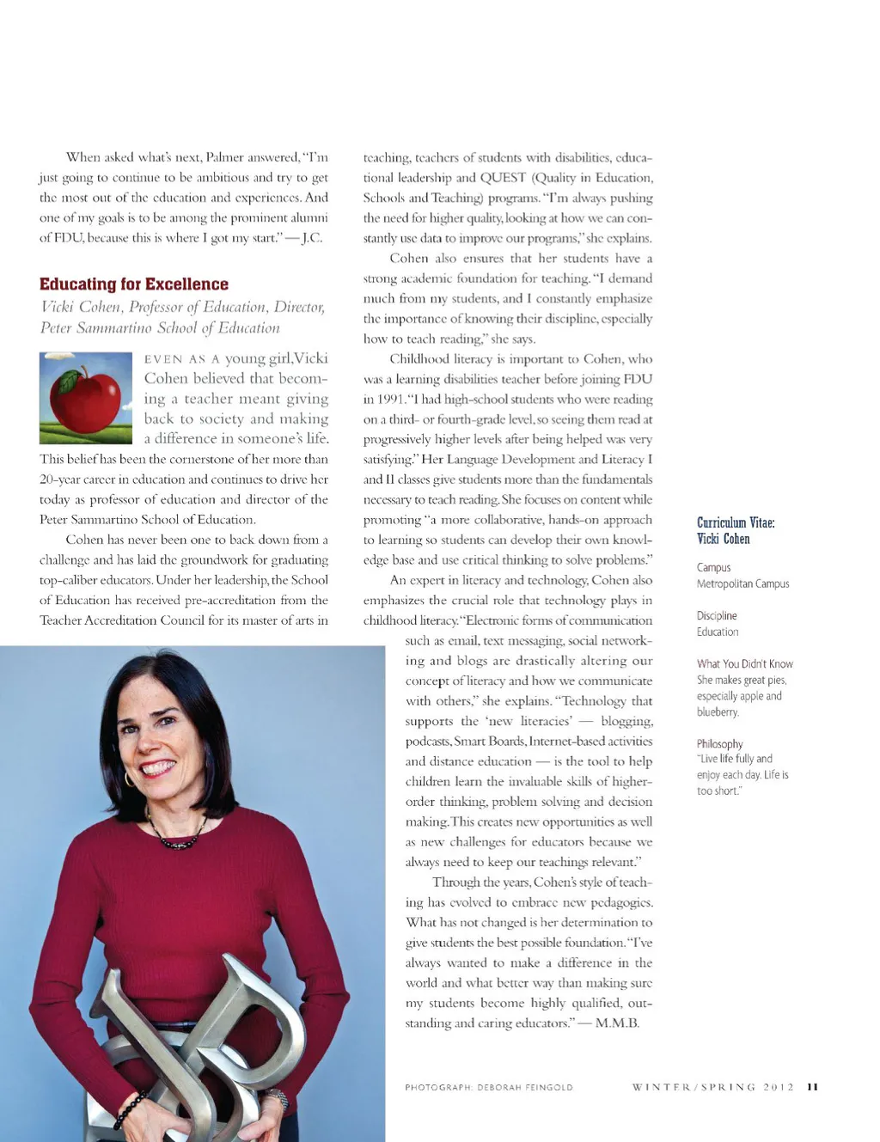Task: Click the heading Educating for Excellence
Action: (x=134, y=284)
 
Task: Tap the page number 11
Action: (x=812, y=1087)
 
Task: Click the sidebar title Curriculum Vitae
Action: (x=736, y=522)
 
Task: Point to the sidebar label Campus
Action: (x=713, y=567)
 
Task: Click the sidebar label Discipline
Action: (x=717, y=615)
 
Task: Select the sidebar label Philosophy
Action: (x=719, y=744)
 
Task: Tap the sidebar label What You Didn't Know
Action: (x=744, y=663)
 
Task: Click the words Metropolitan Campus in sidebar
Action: (x=742, y=583)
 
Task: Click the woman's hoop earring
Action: (x=130, y=779)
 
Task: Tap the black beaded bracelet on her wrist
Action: (x=129, y=1109)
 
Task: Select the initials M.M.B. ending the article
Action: (x=617, y=1023)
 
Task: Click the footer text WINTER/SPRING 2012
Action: (x=713, y=1087)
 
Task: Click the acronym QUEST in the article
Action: (x=503, y=178)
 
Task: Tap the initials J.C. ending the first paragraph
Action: (x=311, y=238)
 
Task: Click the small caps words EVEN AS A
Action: (x=182, y=359)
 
